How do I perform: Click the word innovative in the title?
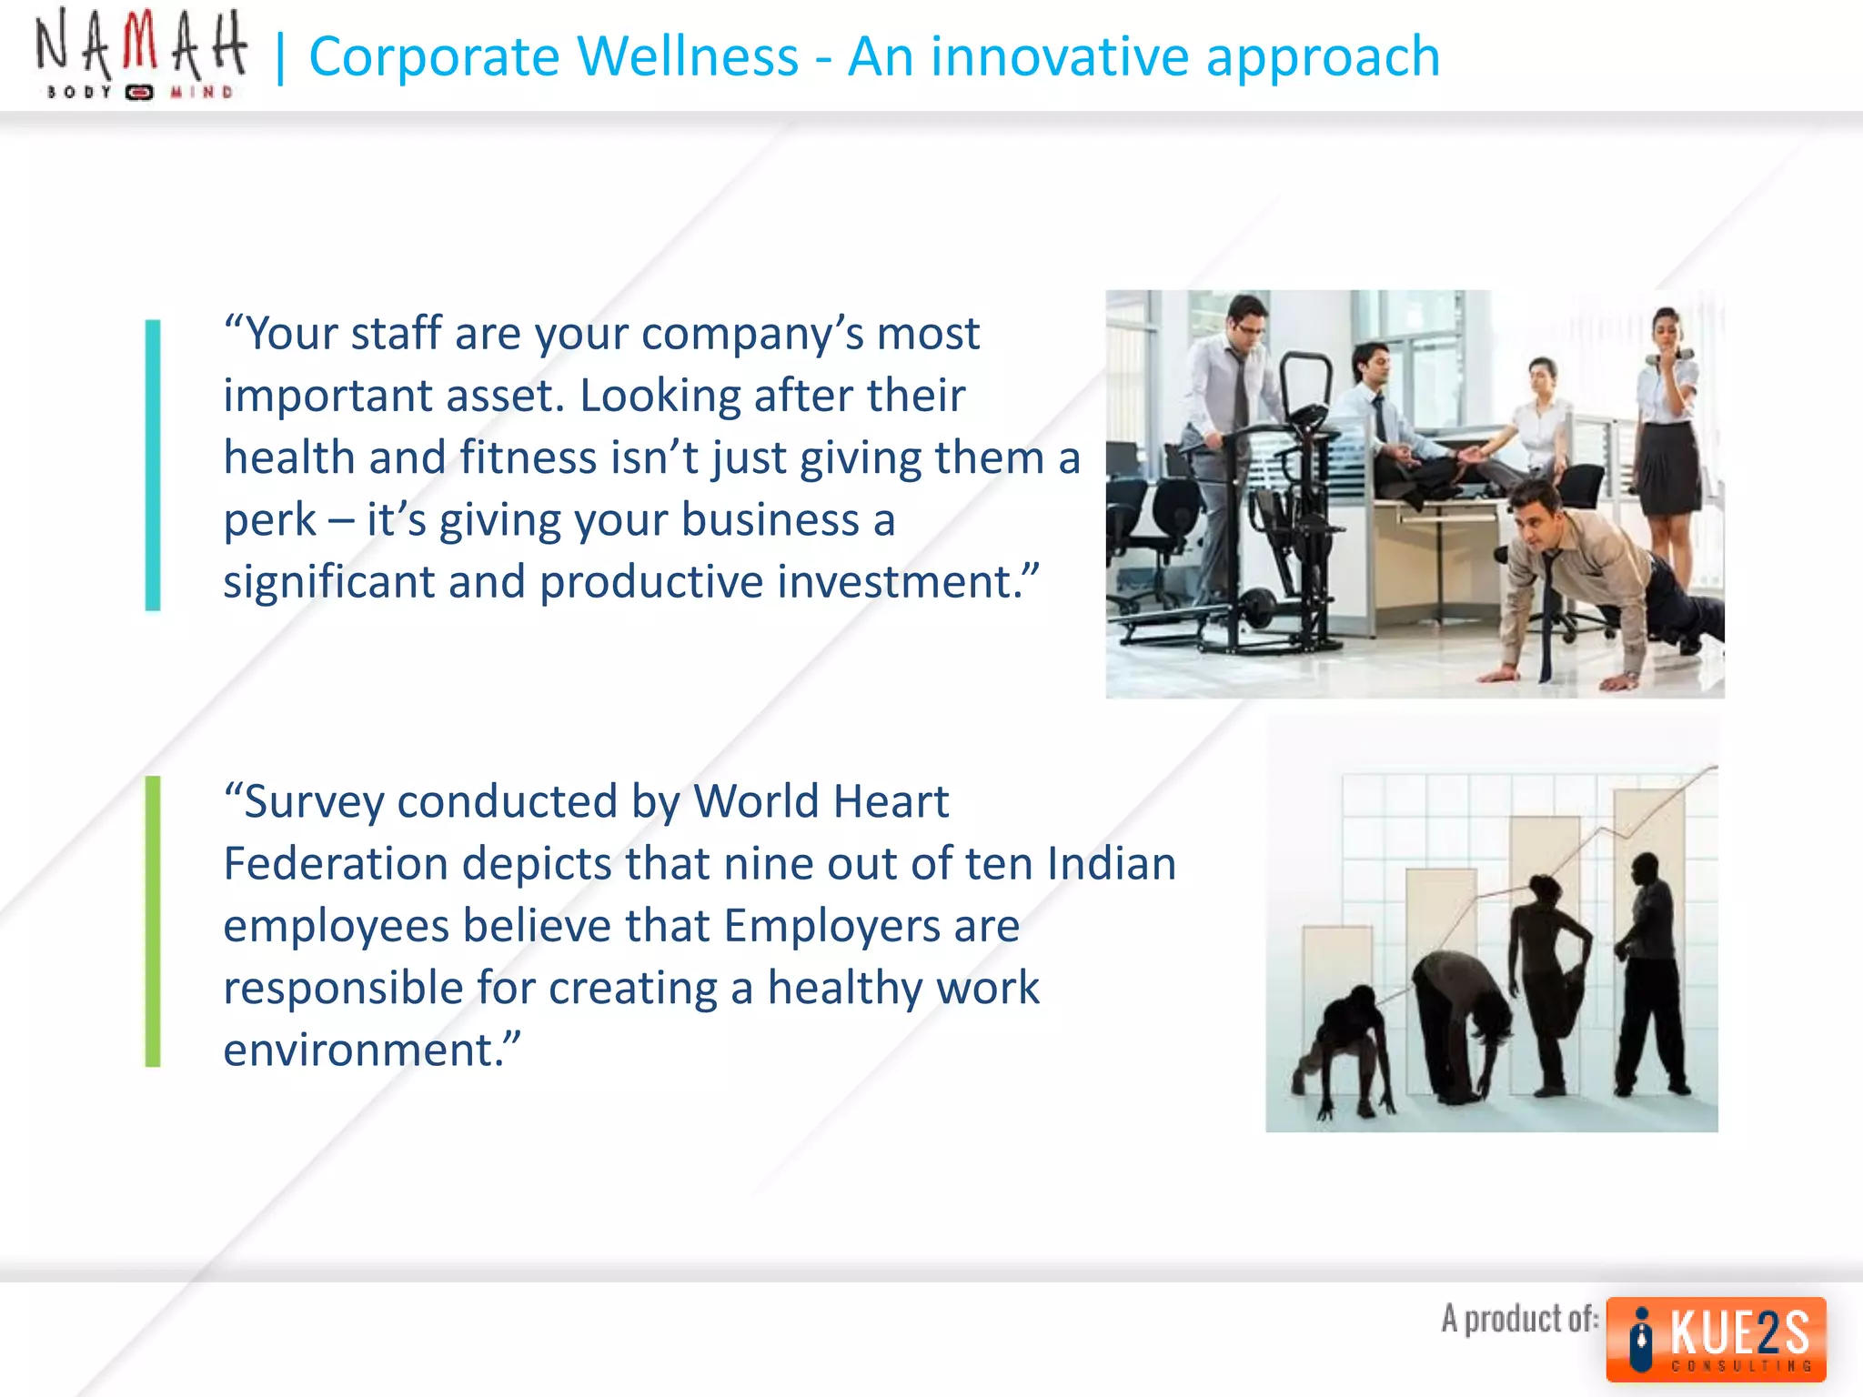tap(1060, 56)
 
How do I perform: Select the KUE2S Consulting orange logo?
tap(1716, 1339)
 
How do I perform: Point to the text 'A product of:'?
tap(1519, 1319)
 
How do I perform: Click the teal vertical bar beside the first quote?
tap(153, 465)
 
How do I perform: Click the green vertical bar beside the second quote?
tap(153, 920)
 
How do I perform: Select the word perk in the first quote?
tap(270, 520)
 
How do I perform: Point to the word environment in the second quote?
tap(364, 1050)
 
